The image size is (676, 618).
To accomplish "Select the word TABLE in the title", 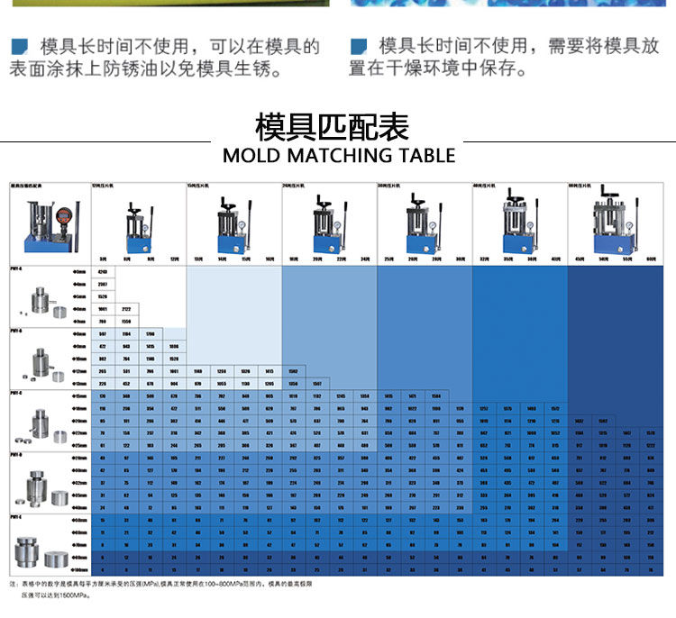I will [x=425, y=154].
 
